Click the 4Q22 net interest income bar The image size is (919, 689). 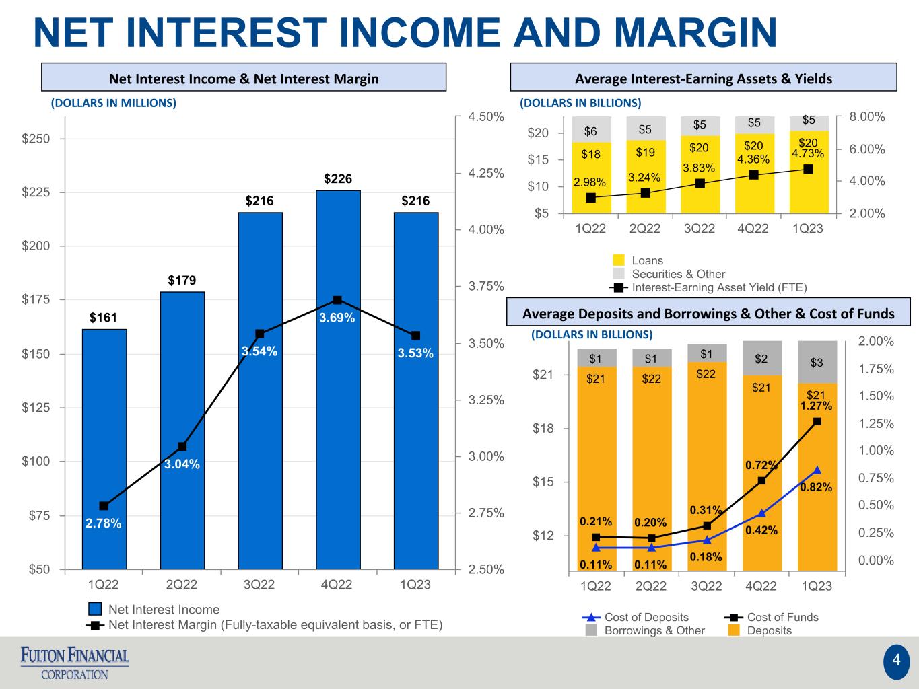(338, 380)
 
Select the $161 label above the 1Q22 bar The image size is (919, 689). (104, 318)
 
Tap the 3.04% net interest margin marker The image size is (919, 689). (182, 447)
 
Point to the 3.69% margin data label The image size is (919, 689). (337, 318)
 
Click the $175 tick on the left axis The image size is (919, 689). (36, 299)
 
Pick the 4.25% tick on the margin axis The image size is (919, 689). (486, 173)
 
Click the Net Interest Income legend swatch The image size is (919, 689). (95, 609)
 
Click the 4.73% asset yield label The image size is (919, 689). (808, 153)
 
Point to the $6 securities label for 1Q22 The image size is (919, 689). (590, 131)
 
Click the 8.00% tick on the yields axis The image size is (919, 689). (867, 117)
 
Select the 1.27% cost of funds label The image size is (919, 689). (816, 406)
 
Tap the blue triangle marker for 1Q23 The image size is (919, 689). (817, 470)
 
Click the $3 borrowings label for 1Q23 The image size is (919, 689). (817, 362)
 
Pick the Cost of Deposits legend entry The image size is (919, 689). (635, 617)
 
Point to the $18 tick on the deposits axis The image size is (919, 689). (543, 429)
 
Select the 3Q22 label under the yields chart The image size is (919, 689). (700, 228)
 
